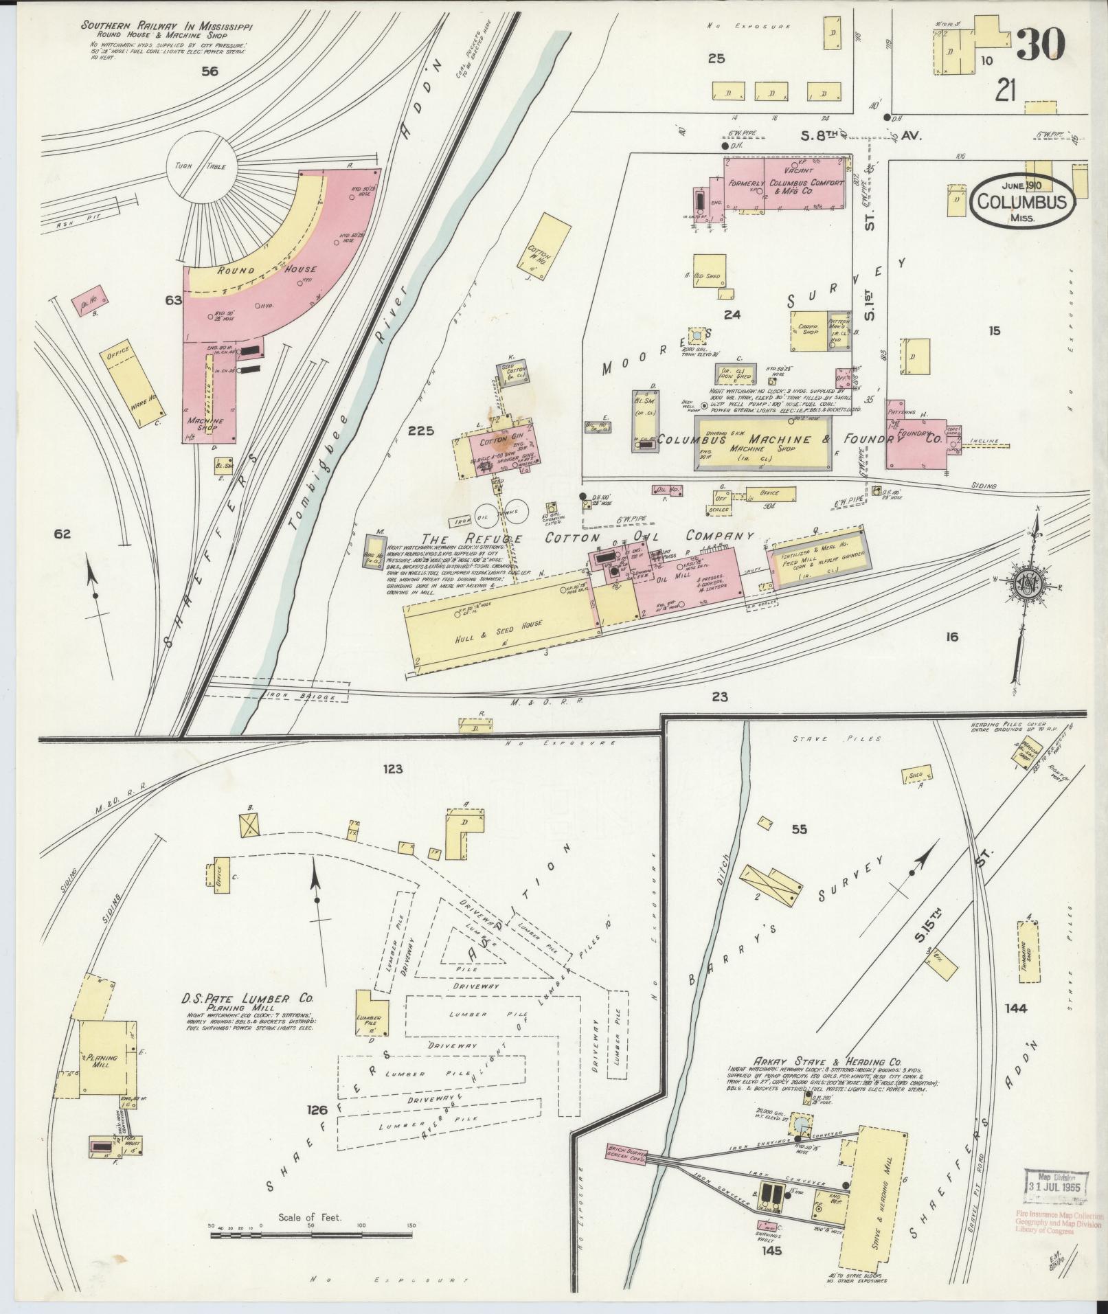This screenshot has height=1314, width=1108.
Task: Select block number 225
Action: pos(420,431)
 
